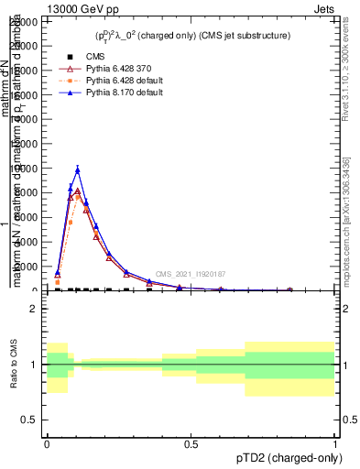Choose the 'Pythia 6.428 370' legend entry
102,69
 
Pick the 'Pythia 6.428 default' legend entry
107,81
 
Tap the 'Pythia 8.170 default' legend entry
107,93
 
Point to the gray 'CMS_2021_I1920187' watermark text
190,274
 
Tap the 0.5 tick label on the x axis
191,443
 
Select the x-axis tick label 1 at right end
335,443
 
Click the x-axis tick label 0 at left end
47,443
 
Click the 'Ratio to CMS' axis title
13,365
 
